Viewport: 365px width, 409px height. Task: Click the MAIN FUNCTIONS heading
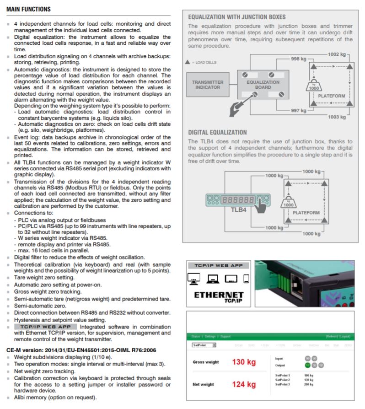(29, 9)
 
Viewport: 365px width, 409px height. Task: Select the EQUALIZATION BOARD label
(263, 85)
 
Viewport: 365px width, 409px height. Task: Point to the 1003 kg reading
(337, 117)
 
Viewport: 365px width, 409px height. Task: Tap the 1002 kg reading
(337, 54)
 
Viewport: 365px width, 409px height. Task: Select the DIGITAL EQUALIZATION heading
(217, 132)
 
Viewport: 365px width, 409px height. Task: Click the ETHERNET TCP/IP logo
(219, 298)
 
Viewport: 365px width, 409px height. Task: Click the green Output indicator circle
(307, 365)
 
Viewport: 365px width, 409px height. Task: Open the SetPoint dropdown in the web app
(204, 345)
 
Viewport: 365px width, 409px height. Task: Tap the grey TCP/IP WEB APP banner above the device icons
(218, 265)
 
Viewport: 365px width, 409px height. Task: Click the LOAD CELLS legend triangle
(188, 62)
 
